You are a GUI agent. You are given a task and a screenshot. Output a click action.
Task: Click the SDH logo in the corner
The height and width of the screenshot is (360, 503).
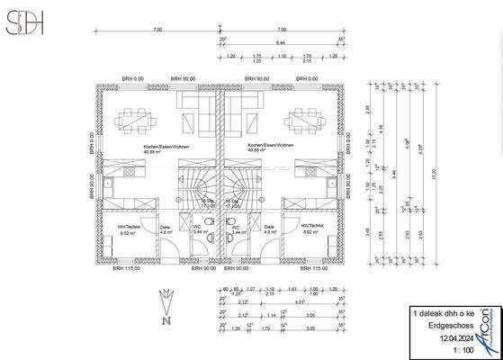coord(24,25)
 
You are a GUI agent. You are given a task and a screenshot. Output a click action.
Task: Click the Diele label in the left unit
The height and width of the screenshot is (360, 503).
coord(165,228)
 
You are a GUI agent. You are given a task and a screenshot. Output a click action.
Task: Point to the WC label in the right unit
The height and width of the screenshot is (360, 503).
coord(236,227)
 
